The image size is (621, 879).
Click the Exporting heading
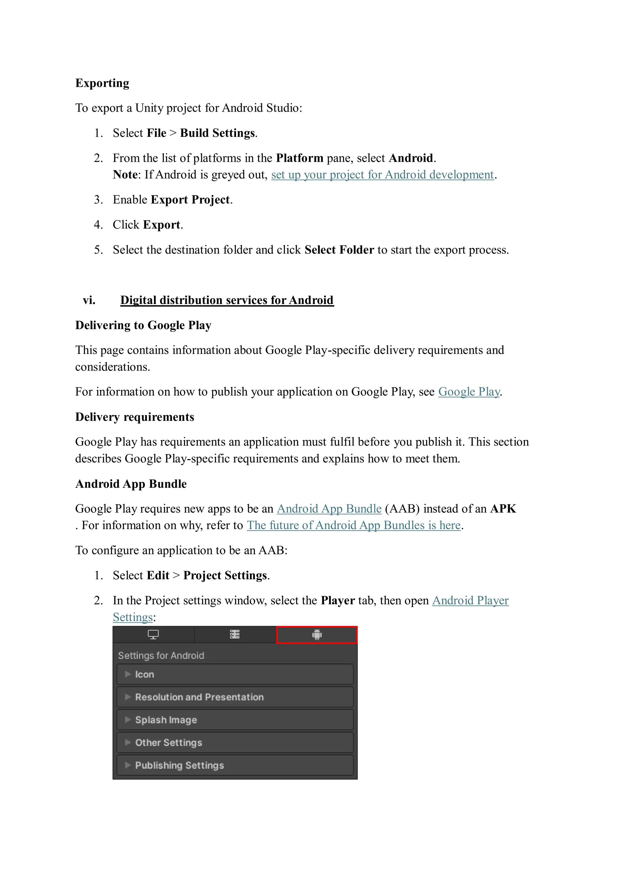coord(102,83)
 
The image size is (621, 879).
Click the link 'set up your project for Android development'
coord(382,174)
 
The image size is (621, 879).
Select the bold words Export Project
coord(190,200)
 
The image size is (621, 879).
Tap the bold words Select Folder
coord(339,250)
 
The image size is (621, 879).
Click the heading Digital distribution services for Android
coord(227,300)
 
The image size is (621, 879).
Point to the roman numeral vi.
coord(89,300)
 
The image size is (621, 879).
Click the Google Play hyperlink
coord(469,392)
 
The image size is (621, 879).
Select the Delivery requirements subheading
coord(134,417)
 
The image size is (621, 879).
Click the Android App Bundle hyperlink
coord(329,509)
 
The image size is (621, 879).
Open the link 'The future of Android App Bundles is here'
coord(354,525)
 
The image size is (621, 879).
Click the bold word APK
coord(503,509)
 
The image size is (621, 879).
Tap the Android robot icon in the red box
coord(317,635)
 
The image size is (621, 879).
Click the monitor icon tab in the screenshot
coord(153,635)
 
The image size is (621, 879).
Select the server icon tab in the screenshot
coord(235,635)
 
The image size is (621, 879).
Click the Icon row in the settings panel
coord(235,674)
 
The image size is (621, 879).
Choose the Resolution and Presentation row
coord(235,697)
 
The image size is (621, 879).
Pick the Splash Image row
coord(235,720)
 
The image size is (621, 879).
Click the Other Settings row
coord(235,743)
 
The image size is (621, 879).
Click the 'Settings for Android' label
coord(161,656)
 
